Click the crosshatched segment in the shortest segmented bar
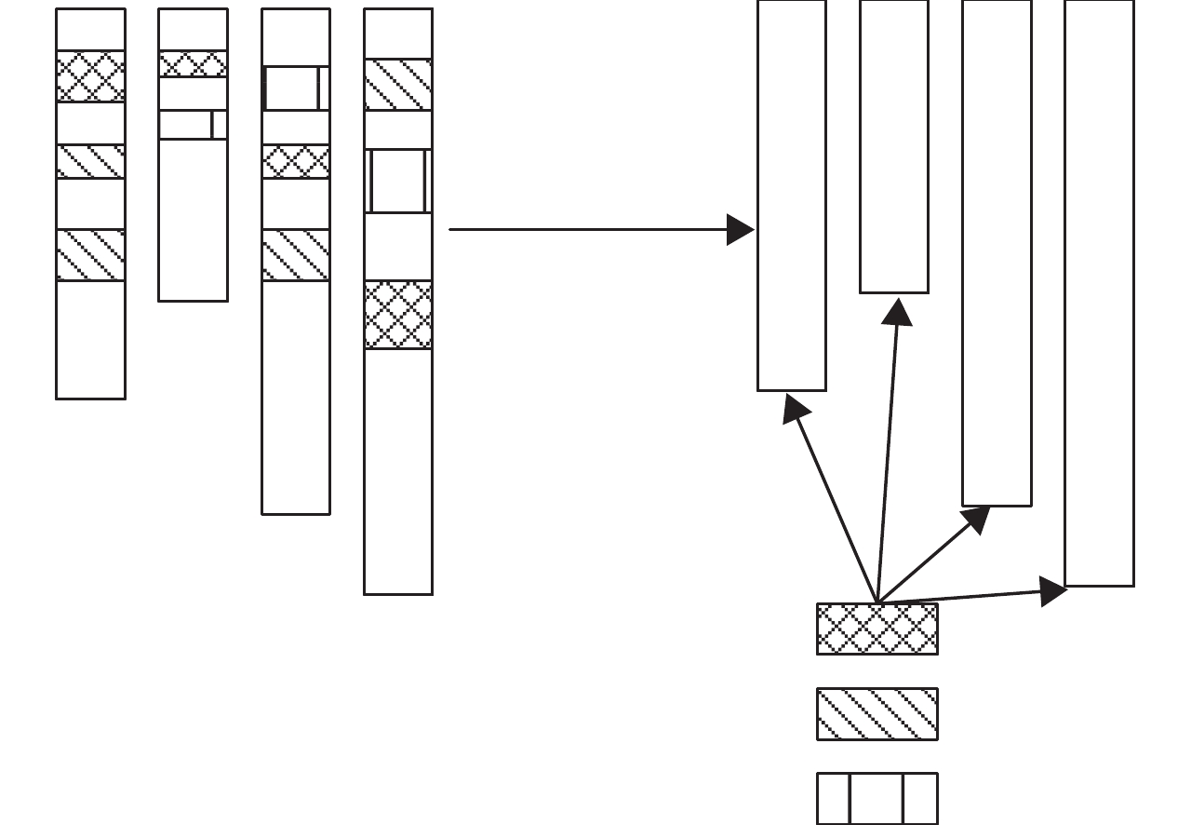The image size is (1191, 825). [193, 64]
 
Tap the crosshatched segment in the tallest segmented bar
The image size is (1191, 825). [398, 315]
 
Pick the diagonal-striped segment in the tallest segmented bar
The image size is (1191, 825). [398, 85]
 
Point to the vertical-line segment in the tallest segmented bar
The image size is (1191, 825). [398, 181]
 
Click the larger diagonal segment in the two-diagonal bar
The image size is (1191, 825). [90, 254]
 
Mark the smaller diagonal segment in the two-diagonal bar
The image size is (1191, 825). [90, 161]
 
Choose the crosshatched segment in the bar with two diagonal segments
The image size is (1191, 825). [90, 76]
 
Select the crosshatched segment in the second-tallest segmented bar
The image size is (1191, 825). [296, 161]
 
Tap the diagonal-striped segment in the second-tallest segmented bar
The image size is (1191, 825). [296, 254]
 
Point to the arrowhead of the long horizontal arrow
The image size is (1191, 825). [741, 229]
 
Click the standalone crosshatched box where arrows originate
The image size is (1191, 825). [877, 629]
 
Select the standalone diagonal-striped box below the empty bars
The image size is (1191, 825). [877, 714]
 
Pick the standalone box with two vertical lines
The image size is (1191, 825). [877, 798]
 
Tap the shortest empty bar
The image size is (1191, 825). [894, 146]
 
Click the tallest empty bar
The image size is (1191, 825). [1099, 292]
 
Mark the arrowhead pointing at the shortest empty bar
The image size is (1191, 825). [898, 312]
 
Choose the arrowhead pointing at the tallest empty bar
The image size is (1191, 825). [1053, 591]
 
